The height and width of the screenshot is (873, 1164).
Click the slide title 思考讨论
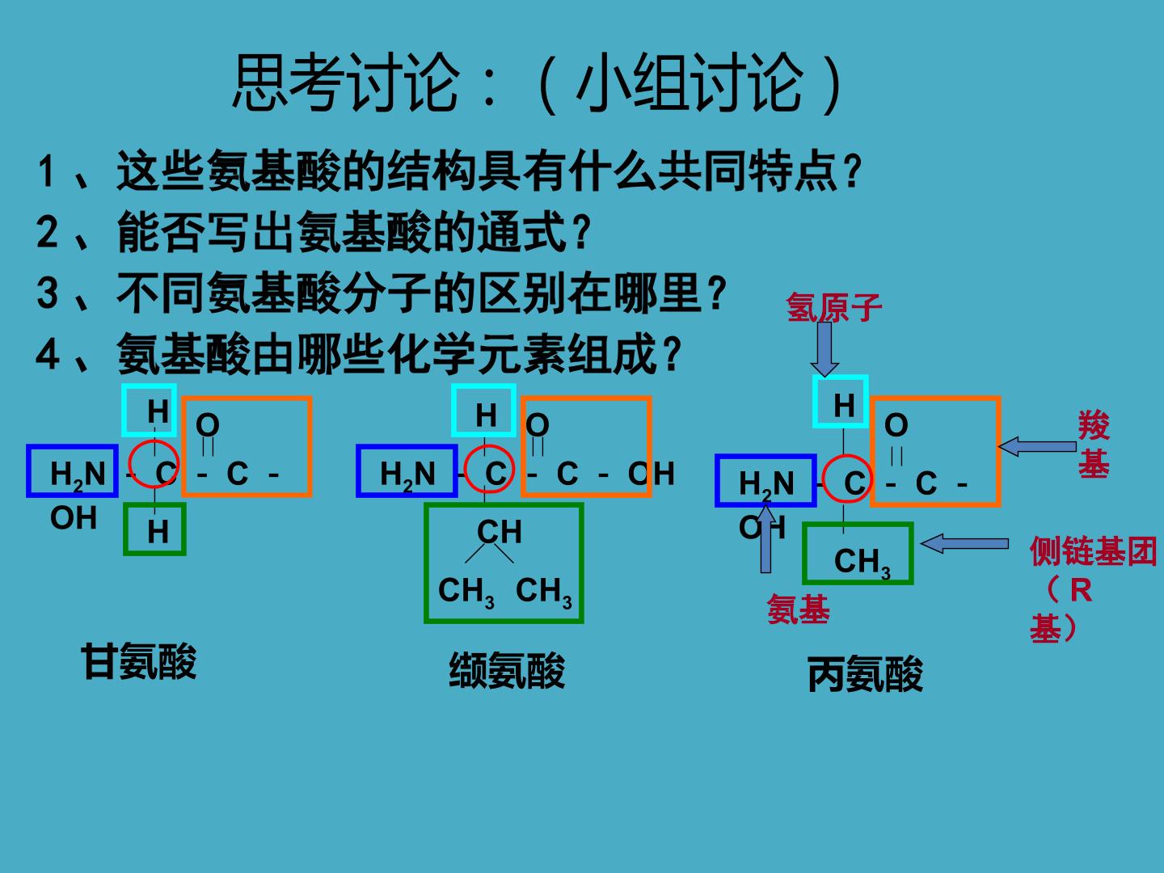(x=346, y=82)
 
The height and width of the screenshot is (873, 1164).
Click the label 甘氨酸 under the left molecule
(x=139, y=661)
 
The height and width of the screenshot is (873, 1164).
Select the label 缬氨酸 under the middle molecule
(x=507, y=670)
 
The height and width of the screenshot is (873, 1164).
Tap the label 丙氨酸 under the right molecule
(x=865, y=673)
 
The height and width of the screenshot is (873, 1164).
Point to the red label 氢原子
(x=833, y=307)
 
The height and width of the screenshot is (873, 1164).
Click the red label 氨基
(x=799, y=609)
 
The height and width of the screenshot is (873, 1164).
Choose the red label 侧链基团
(x=1093, y=550)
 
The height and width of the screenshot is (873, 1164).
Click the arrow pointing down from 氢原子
(x=824, y=348)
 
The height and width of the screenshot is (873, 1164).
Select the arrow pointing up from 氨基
(x=765, y=538)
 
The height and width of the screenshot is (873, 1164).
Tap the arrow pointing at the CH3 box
(x=964, y=543)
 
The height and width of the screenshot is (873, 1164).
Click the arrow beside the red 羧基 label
(x=1037, y=446)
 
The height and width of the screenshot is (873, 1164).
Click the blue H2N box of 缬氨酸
(x=407, y=470)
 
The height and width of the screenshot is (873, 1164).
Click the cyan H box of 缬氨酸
(x=483, y=411)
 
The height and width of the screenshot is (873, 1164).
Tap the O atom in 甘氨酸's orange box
(x=208, y=424)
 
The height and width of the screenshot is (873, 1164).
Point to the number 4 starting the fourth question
(x=48, y=353)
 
